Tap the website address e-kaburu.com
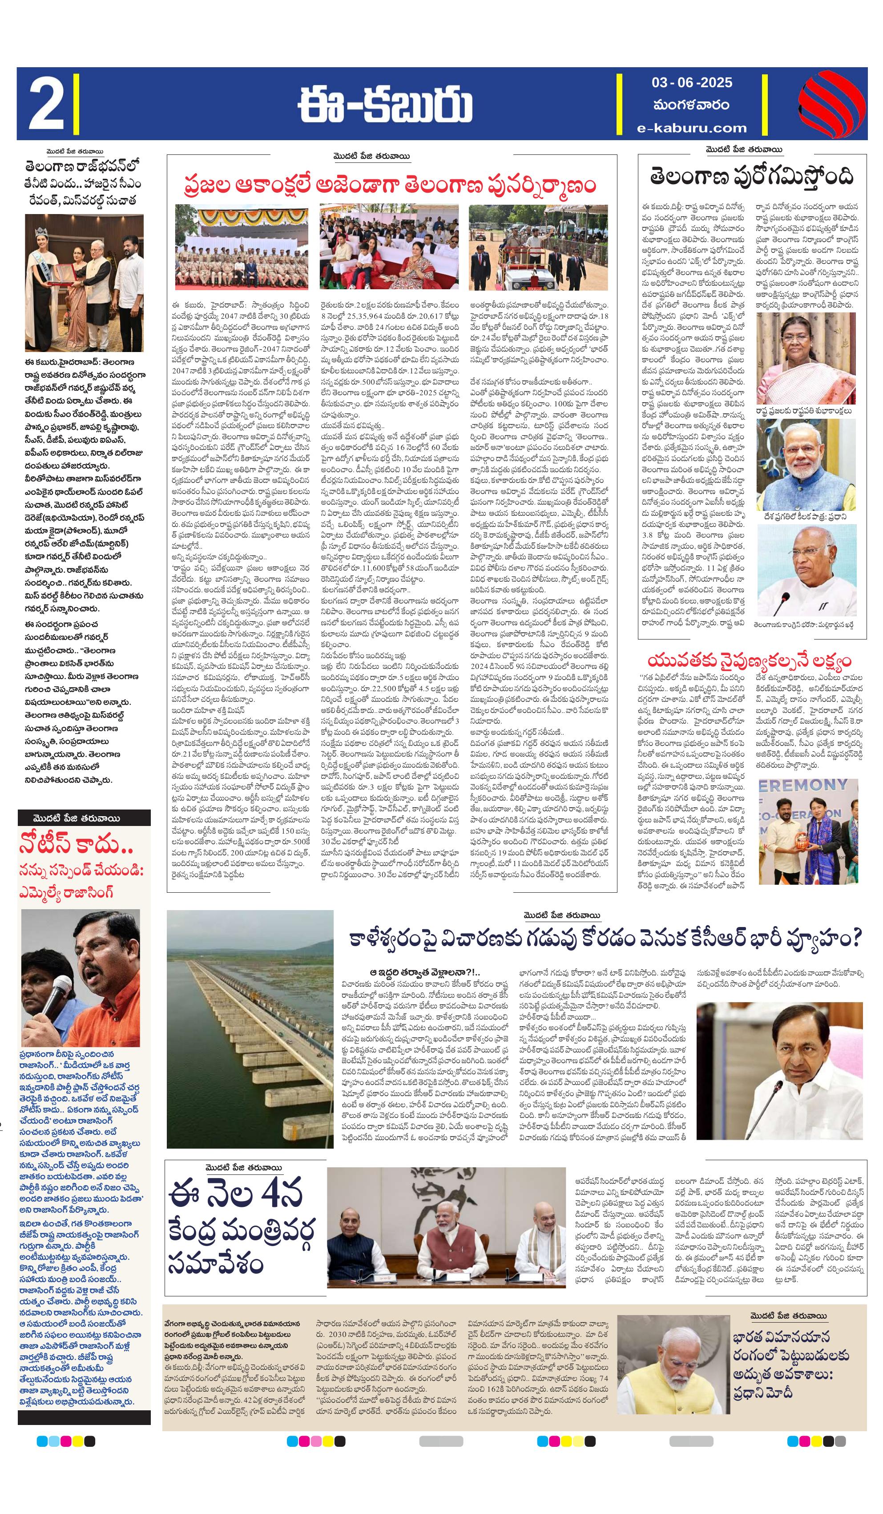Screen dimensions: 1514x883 click(692, 127)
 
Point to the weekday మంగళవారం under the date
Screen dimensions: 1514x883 click(691, 105)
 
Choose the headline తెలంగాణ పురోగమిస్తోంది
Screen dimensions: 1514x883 click(751, 177)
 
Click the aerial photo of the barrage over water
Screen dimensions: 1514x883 click(250, 1029)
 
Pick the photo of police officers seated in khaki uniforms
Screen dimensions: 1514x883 click(242, 247)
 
